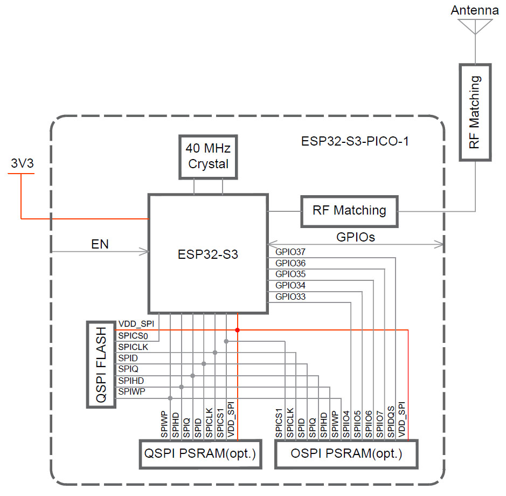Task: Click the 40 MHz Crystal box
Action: pos(207,156)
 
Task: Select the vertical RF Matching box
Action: pos(475,112)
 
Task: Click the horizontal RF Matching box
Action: pos(349,210)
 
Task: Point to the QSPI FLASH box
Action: pos(101,364)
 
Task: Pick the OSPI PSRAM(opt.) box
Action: pos(346,454)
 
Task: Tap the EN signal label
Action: pos(100,244)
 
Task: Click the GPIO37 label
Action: pos(290,252)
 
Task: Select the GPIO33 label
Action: pos(290,297)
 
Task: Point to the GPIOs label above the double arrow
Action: pos(356,237)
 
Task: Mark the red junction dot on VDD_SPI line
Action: pos(237,329)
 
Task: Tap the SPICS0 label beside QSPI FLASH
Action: pos(133,336)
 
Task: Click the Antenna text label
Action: pos(475,10)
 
